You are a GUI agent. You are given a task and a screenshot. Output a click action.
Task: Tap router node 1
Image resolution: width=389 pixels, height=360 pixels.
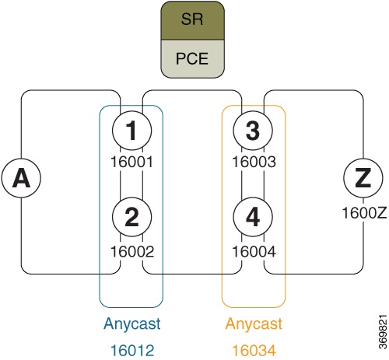[131, 133]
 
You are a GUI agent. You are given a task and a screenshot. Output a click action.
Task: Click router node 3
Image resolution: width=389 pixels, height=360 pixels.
[254, 133]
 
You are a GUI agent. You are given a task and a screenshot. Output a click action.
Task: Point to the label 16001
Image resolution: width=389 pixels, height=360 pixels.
[131, 163]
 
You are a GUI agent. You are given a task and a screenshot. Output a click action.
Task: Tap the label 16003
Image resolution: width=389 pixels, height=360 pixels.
[254, 163]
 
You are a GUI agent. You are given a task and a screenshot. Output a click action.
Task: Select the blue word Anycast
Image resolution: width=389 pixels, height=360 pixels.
[131, 323]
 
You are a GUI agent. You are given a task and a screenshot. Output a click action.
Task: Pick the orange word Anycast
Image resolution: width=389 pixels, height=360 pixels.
[254, 323]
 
